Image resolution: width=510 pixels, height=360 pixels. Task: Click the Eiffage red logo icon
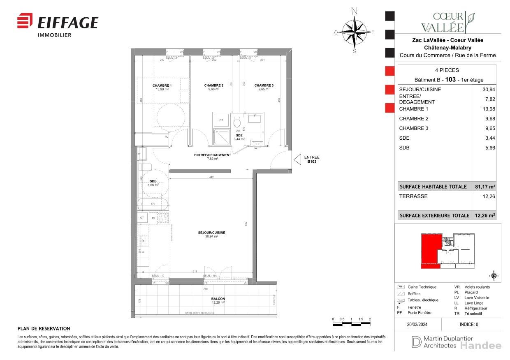[25, 21]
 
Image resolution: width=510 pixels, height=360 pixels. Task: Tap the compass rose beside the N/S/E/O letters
[355, 32]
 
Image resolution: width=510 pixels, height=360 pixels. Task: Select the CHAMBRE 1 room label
[162, 85]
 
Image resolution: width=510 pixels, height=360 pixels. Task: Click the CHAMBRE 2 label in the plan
[213, 85]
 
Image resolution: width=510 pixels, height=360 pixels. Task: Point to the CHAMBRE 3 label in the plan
[264, 85]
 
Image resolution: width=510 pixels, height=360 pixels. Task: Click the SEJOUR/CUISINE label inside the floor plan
[211, 233]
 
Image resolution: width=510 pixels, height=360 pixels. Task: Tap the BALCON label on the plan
[218, 299]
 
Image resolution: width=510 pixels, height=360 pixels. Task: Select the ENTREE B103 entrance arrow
[297, 160]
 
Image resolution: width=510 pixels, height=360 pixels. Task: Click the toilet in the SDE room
[236, 122]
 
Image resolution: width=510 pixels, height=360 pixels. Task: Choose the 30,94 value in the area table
[489, 90]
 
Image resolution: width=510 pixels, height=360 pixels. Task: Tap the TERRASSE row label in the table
[413, 196]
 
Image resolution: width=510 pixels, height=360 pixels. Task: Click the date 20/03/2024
[418, 324]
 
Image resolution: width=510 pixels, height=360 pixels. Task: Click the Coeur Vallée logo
[448, 22]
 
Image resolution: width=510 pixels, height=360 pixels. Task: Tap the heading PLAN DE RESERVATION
[44, 329]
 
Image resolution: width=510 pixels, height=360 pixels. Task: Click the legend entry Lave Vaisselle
[477, 298]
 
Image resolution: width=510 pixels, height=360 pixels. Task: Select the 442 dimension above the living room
[211, 177]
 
